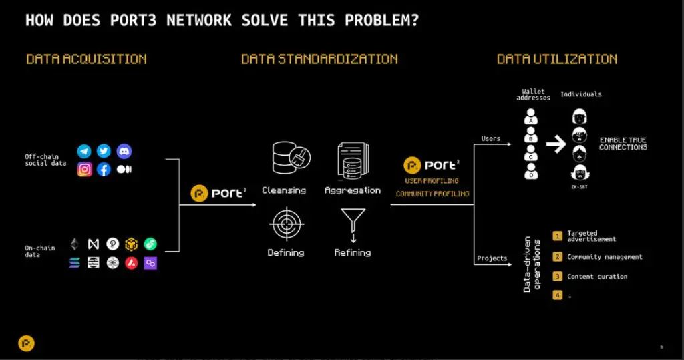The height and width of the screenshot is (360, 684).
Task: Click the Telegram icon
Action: [84, 152]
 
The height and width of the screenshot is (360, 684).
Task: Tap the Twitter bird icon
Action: [104, 151]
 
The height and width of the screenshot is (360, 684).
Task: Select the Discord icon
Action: [124, 151]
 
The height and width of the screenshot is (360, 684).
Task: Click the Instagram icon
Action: [85, 169]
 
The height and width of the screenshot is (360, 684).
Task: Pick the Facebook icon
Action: [104, 169]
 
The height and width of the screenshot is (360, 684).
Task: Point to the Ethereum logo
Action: [75, 244]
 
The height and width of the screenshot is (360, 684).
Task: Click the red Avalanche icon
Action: [132, 263]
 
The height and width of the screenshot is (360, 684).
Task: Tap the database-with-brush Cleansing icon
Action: [291, 158]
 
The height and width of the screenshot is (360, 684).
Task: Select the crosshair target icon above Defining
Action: [286, 224]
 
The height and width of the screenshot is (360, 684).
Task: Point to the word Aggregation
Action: [353, 191]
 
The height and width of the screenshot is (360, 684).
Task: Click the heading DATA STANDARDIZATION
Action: [319, 59]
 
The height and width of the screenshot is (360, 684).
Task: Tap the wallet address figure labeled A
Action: [531, 116]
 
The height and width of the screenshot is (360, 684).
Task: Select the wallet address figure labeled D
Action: [531, 170]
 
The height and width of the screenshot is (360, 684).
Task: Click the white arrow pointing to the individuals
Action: [556, 144]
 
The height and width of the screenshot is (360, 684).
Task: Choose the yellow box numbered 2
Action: [558, 256]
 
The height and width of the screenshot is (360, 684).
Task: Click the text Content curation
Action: [597, 277]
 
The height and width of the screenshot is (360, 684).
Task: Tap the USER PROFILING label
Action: [432, 180]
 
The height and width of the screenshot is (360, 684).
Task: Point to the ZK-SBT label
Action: [579, 187]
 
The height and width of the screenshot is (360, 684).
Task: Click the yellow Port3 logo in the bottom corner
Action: [26, 343]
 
